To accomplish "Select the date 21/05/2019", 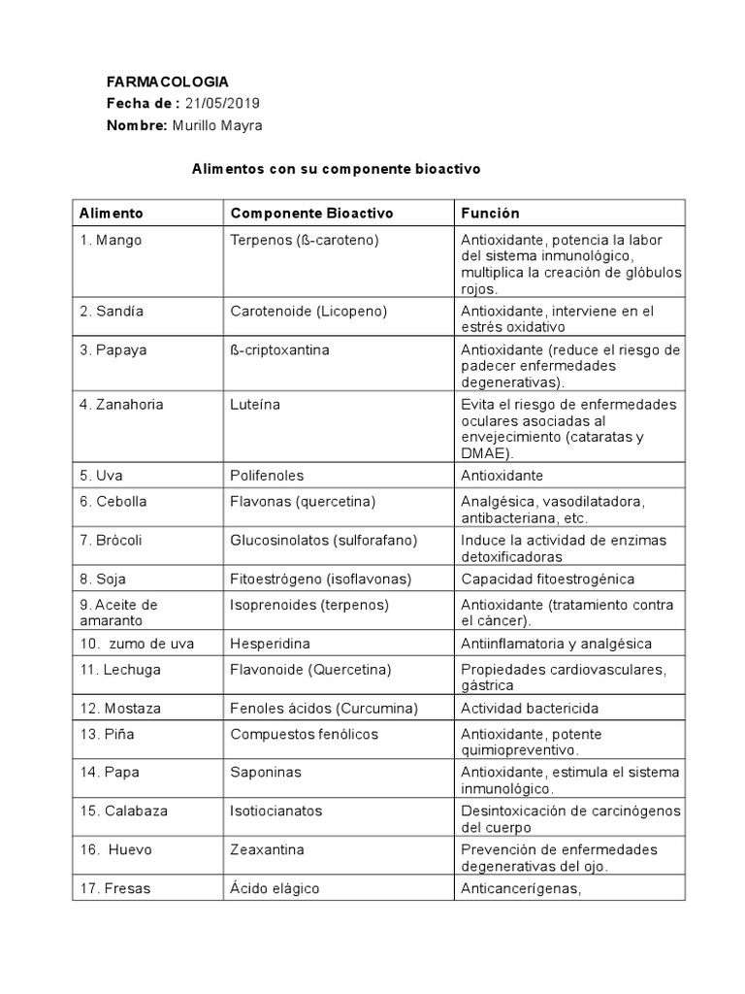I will (222, 104).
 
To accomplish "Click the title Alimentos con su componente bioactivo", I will (336, 169).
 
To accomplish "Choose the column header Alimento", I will (112, 213).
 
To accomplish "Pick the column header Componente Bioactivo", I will (311, 213).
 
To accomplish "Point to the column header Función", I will (490, 213).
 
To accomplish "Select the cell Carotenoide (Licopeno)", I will (308, 311).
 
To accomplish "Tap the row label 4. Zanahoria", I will (122, 404).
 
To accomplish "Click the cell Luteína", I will (255, 404).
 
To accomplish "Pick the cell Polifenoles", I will (267, 476).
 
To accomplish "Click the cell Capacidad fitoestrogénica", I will (547, 579).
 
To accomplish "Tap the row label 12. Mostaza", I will (121, 708).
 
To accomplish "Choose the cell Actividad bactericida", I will (531, 708).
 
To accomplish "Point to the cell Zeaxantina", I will (267, 849).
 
